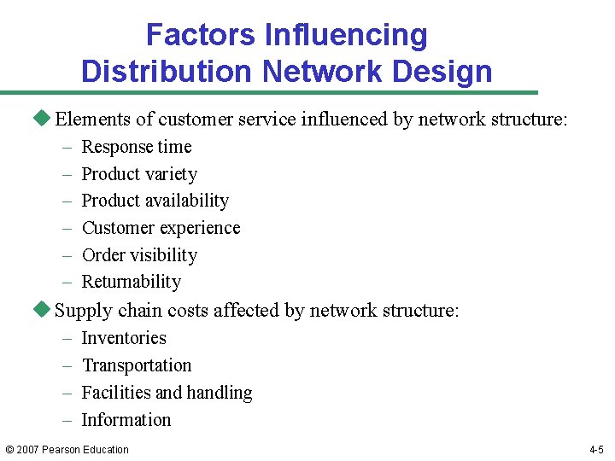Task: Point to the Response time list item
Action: coord(136,147)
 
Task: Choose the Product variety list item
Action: coord(138,174)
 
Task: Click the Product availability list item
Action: coord(155,201)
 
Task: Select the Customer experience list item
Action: coord(161,228)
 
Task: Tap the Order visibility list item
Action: coord(138,255)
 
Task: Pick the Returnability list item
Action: coord(131,282)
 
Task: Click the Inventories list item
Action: coord(123,338)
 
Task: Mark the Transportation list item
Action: coord(136,365)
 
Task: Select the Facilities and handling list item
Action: coord(167,393)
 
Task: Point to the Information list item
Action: coord(126,420)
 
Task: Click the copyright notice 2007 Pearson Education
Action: coord(67,450)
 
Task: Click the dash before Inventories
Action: coord(67,339)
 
